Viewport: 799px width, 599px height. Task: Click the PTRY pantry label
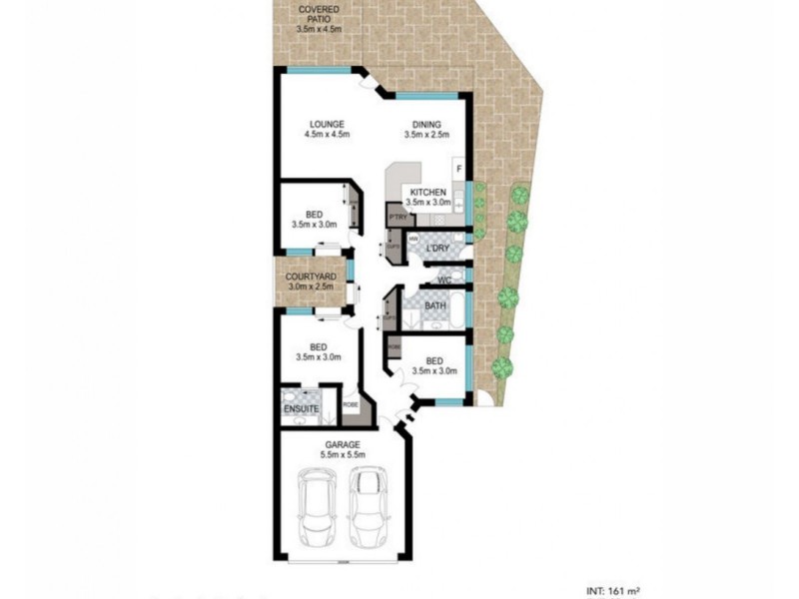point(397,216)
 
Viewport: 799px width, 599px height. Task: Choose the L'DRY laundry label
point(436,248)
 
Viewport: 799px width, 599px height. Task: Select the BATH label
point(435,305)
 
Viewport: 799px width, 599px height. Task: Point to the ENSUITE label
point(301,409)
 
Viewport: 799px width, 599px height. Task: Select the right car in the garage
point(367,505)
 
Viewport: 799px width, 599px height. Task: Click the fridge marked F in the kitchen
point(458,170)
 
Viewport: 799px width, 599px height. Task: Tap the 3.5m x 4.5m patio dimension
point(319,29)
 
